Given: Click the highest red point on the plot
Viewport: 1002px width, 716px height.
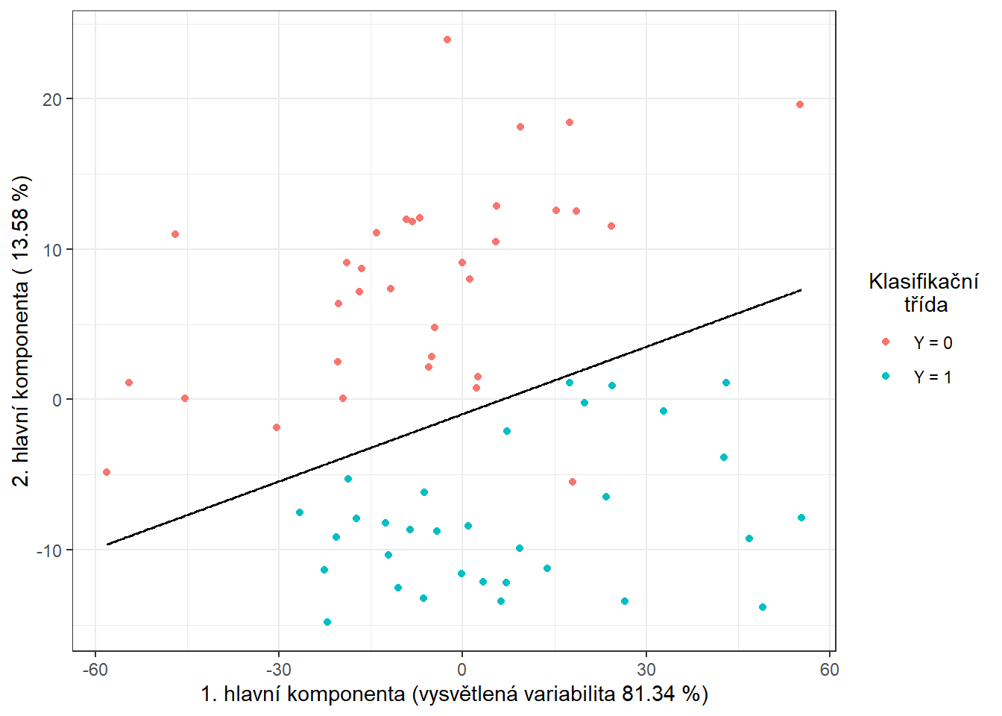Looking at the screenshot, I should [447, 40].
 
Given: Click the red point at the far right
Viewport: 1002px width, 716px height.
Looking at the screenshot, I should [800, 104].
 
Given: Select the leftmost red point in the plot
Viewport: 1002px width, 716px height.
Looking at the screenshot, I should [107, 472].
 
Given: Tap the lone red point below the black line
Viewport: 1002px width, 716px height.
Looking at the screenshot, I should [573, 482].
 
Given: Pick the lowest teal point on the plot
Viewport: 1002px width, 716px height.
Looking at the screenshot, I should [327, 622].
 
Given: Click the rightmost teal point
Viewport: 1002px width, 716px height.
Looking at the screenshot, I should [801, 518].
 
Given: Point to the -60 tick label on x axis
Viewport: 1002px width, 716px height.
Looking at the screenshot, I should [95, 670].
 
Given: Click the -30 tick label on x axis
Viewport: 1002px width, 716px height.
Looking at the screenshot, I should [278, 670].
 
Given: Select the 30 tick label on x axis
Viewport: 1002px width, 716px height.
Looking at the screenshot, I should [646, 670].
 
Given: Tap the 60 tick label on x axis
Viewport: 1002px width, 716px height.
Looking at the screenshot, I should [829, 670].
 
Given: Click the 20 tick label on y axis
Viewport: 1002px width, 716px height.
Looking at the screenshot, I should [52, 99].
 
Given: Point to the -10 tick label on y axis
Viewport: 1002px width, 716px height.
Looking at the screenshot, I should [49, 550].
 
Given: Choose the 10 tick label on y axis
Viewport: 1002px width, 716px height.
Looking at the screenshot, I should [52, 250].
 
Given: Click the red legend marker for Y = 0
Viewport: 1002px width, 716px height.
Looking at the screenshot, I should [886, 342].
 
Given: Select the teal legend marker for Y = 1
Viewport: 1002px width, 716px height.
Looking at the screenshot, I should [886, 377].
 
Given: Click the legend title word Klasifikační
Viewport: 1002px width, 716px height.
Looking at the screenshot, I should [924, 281].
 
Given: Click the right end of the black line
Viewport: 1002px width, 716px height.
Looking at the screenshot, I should [801, 289].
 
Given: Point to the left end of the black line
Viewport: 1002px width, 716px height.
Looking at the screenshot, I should [107, 544].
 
